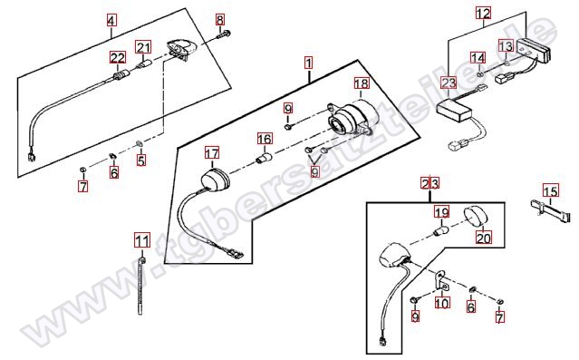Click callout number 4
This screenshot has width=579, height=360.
click(x=111, y=20)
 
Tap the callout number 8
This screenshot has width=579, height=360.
click(x=220, y=19)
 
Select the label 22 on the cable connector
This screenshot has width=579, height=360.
click(x=118, y=58)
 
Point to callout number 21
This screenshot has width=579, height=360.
click(x=143, y=47)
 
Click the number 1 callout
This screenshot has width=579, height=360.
click(x=308, y=63)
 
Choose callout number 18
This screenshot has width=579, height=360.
click(x=362, y=83)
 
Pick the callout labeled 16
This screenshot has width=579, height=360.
click(x=265, y=139)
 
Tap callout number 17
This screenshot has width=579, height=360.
click(x=212, y=153)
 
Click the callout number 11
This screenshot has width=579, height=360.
click(x=142, y=240)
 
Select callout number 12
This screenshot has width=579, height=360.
click(x=483, y=14)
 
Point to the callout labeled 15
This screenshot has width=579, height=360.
click(x=551, y=191)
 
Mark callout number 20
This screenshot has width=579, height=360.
click(x=484, y=238)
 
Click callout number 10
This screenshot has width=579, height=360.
click(x=442, y=304)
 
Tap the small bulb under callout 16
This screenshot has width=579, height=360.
click(x=265, y=158)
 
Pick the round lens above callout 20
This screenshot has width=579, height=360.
click(x=475, y=218)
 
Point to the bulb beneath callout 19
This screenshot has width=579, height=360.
click(x=441, y=232)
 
